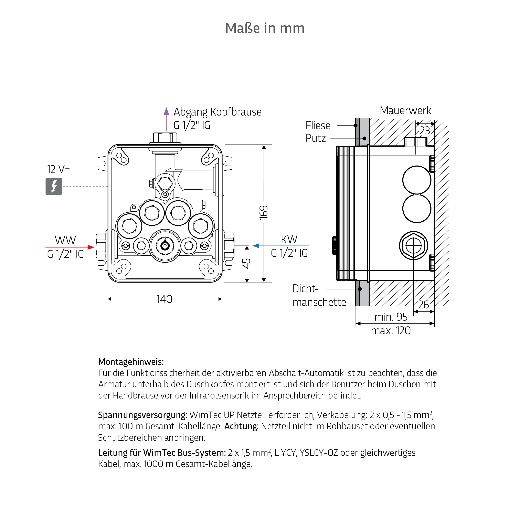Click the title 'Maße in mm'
pyautogui.click(x=265, y=28)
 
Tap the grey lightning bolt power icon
pyautogui.click(x=54, y=187)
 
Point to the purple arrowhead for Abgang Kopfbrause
pyautogui.click(x=166, y=111)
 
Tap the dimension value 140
pyautogui.click(x=164, y=299)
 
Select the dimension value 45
pyautogui.click(x=247, y=263)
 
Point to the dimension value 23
pyautogui.click(x=425, y=131)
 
